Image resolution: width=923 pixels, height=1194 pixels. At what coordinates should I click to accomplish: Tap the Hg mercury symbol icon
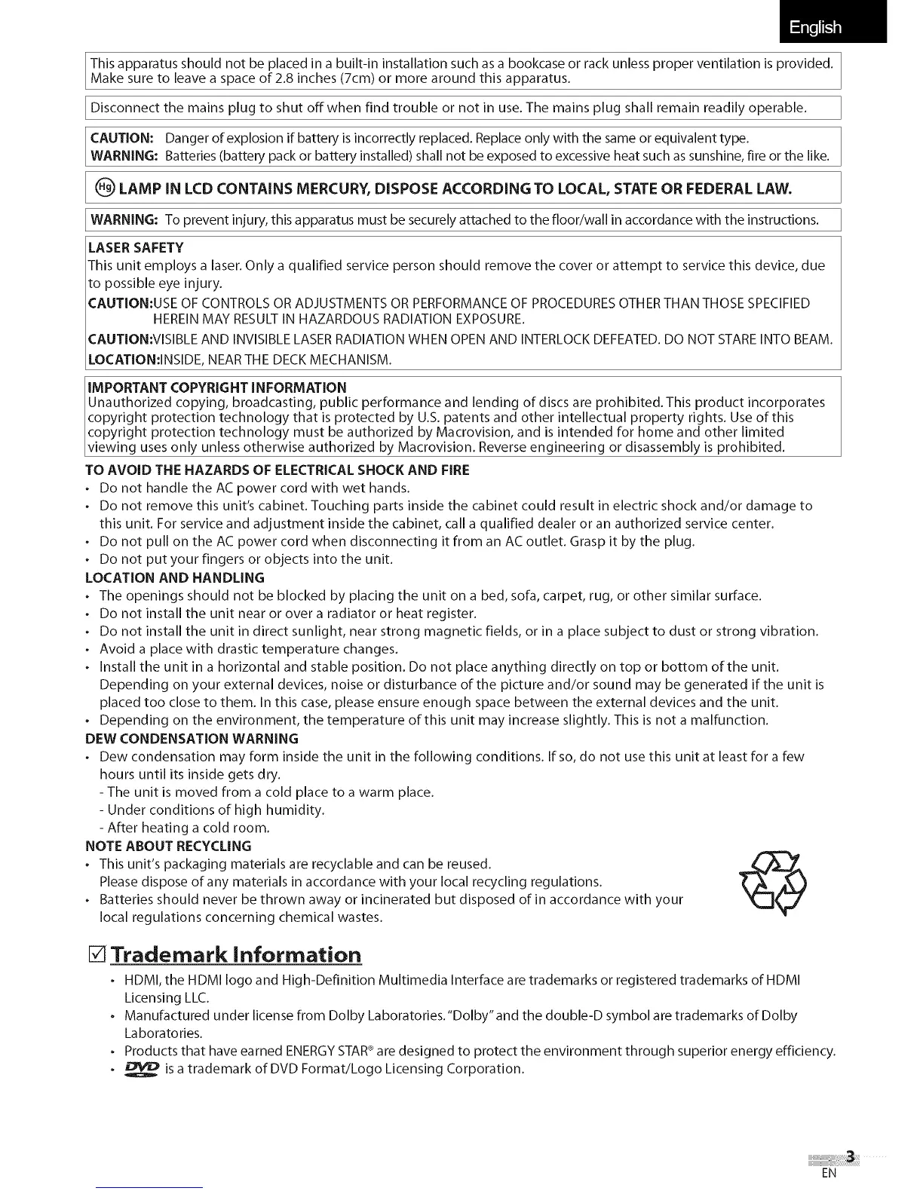click(x=104, y=187)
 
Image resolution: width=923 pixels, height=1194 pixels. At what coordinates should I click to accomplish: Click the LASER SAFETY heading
click(x=136, y=248)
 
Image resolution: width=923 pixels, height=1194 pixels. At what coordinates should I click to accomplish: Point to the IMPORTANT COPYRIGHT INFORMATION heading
click(x=217, y=387)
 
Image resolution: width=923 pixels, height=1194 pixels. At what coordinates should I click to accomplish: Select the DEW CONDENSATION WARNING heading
click(x=192, y=739)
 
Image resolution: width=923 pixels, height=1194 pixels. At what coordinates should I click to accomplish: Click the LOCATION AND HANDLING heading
click(x=174, y=578)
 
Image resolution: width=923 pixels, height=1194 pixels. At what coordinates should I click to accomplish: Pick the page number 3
click(x=851, y=1157)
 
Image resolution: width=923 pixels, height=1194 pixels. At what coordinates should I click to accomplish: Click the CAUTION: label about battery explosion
click(x=122, y=139)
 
